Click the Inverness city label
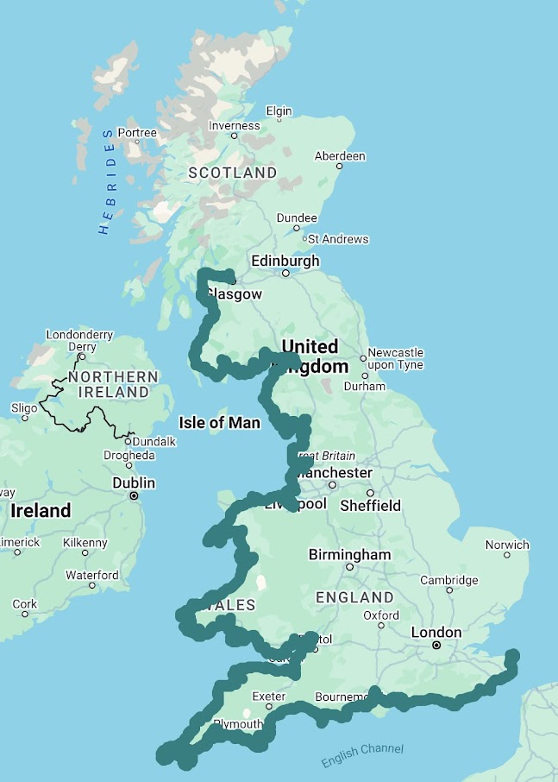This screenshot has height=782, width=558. point(235,125)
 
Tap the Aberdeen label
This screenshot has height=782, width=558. point(340,156)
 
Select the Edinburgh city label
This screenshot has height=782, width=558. point(285,261)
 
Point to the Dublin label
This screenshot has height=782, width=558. point(134,482)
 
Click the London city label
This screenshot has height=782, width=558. point(436,633)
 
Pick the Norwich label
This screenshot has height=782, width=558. point(507,545)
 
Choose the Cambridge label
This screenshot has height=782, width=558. point(448,580)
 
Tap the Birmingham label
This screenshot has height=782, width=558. point(349,554)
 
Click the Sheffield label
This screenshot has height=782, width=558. point(370,505)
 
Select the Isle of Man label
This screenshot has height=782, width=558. point(219,423)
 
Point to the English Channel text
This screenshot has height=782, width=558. point(362,755)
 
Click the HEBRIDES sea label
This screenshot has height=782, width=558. point(107,181)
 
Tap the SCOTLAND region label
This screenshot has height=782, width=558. point(233,173)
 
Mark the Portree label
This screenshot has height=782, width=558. point(137,133)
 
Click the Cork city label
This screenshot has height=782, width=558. point(25,604)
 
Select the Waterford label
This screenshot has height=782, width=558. point(92,575)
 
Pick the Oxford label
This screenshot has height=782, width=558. point(381,615)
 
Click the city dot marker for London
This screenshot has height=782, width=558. point(436,645)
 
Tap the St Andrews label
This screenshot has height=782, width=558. point(337,239)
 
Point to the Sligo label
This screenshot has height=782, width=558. point(24,407)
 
